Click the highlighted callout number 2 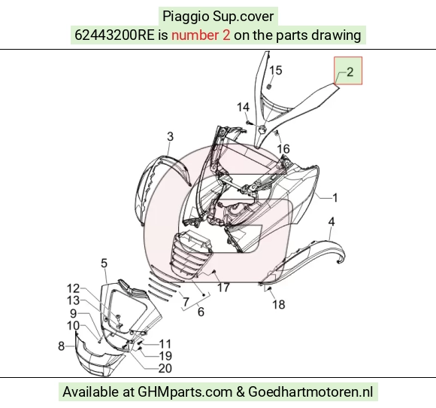click(x=350, y=72)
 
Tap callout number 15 click(x=276, y=71)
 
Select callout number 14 click(x=243, y=107)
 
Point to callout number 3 click(x=170, y=136)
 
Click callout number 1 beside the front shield click(x=335, y=198)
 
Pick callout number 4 click(x=332, y=222)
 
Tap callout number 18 click(x=279, y=304)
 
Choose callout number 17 click(x=223, y=288)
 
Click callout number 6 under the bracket click(x=201, y=312)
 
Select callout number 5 click(x=104, y=263)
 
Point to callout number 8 click(x=61, y=346)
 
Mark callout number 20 click(x=165, y=368)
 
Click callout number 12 click(x=74, y=288)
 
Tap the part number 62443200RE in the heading click(x=114, y=35)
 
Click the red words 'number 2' click(x=201, y=35)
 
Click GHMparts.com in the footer click(x=185, y=392)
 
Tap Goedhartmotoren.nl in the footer click(x=310, y=392)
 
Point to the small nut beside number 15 click(x=269, y=87)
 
